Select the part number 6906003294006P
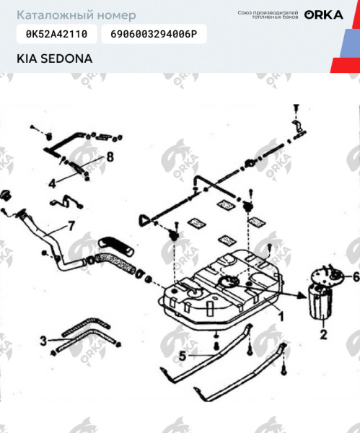pos(154,34)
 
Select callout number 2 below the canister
pos(323,334)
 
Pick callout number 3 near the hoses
pos(43,339)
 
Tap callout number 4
pos(52,183)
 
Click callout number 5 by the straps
pos(183,354)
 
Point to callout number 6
pos(354,277)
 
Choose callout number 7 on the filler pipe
pos(71,225)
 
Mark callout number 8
pos(110,157)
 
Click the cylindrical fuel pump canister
pos(317,303)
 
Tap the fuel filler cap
pos(8,196)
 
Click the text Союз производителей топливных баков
pos(268,14)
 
